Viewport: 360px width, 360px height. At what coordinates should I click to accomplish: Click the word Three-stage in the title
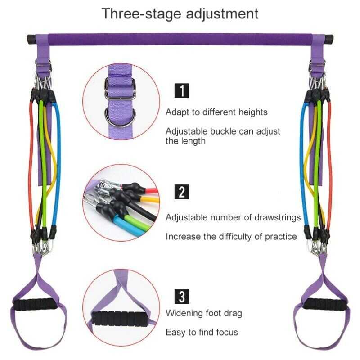[141, 13]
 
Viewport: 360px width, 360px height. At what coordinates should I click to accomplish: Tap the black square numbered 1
[182, 91]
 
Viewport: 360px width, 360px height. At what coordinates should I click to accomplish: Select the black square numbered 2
[182, 192]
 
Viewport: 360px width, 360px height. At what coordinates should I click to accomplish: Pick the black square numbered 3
[182, 297]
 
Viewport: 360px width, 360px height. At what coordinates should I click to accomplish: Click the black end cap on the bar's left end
[31, 39]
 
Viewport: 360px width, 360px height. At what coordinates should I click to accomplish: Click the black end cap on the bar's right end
[329, 39]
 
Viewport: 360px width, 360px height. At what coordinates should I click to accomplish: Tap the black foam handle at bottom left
[35, 305]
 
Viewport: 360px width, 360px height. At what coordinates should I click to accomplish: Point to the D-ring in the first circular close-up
[120, 117]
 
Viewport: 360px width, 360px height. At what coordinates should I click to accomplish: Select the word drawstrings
[277, 217]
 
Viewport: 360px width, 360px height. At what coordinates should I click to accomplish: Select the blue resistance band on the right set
[302, 165]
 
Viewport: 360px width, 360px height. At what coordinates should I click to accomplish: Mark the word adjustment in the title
[222, 14]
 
